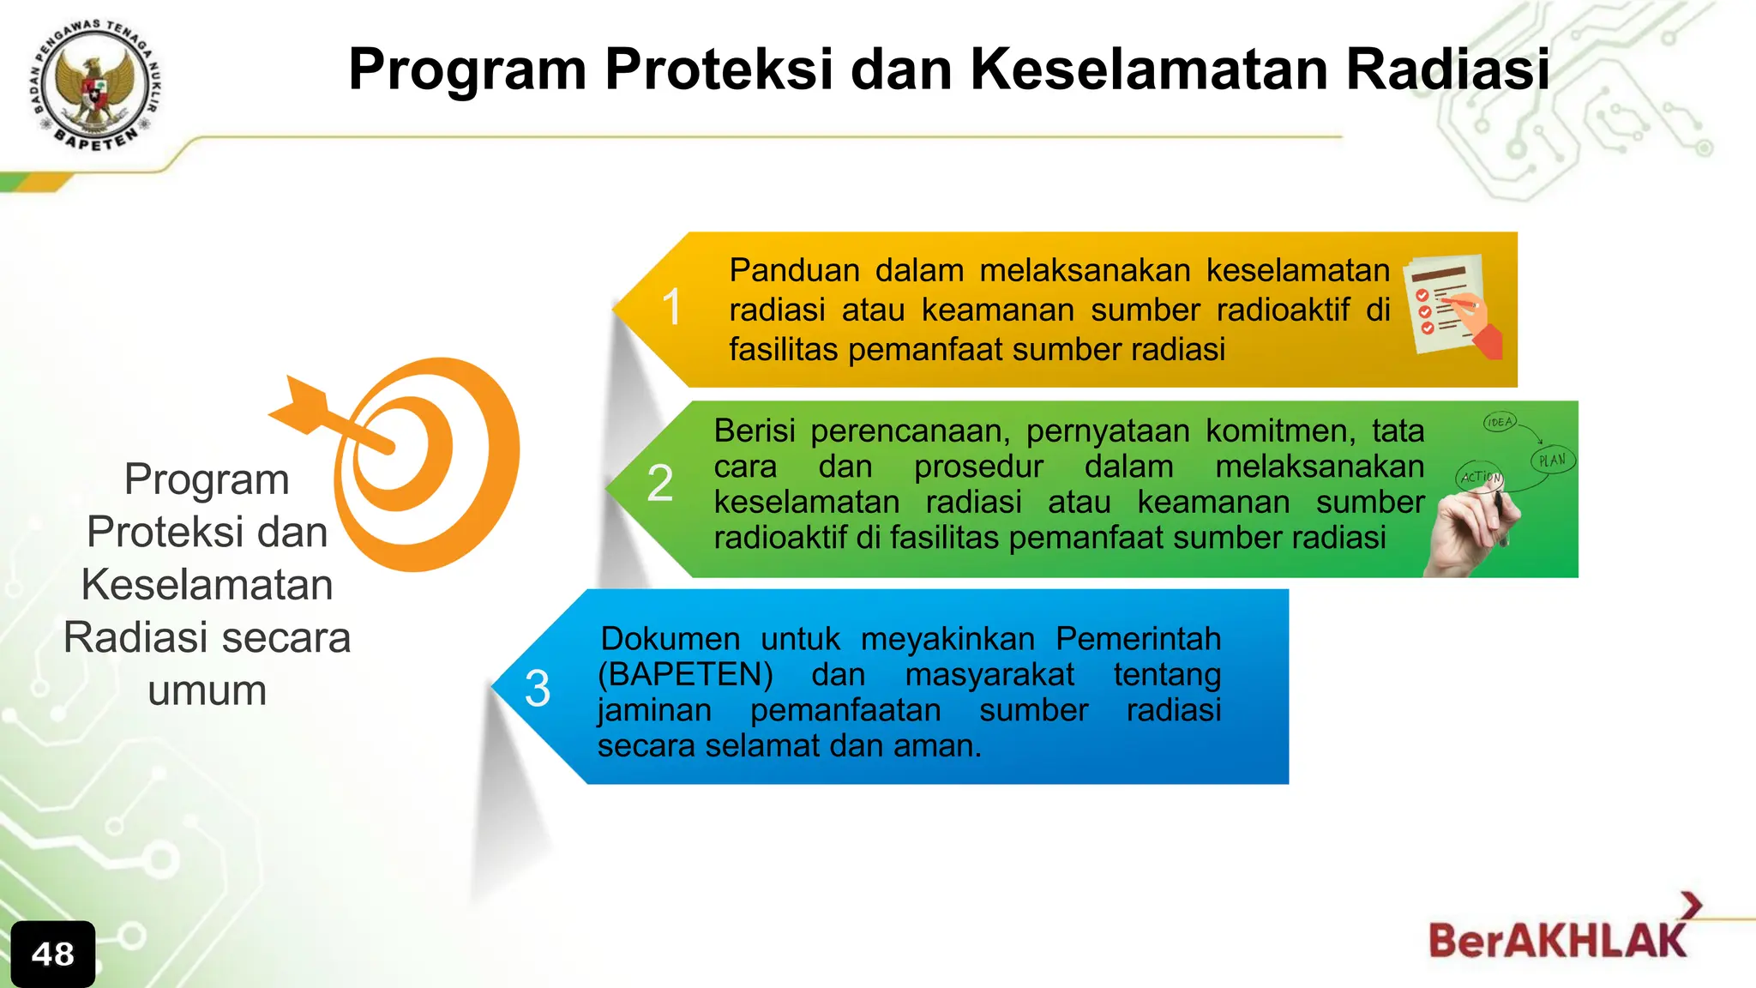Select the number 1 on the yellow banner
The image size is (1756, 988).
coord(672,307)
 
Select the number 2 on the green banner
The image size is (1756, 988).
coord(659,483)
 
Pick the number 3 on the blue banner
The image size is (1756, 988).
coord(538,688)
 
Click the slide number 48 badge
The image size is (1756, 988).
coord(53,954)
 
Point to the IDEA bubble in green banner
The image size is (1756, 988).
coord(1500,422)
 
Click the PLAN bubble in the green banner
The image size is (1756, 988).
coord(1553,461)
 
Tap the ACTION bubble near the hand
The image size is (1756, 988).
coord(1481,477)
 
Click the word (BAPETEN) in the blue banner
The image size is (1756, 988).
coord(685,675)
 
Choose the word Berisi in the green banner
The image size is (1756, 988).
coord(754,431)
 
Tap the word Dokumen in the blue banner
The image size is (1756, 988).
coord(671,639)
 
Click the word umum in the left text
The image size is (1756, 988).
coord(207,690)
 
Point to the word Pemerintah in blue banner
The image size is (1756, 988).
coord(1138,639)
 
